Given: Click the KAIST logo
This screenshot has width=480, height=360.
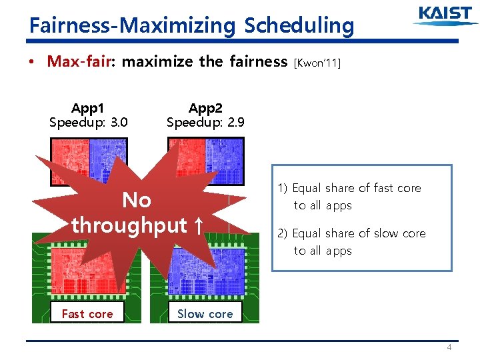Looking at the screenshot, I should pyautogui.click(x=445, y=16).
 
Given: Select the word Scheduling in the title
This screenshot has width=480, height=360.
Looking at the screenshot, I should pyautogui.click(x=299, y=25).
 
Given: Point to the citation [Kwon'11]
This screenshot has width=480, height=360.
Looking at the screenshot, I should pyautogui.click(x=317, y=63).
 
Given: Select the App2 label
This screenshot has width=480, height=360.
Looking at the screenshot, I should pyautogui.click(x=205, y=108).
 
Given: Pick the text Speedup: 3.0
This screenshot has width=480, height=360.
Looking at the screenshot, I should pyautogui.click(x=88, y=123).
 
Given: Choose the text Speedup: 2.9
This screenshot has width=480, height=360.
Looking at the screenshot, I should pyautogui.click(x=205, y=123).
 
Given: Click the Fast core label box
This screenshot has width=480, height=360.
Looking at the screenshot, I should pyautogui.click(x=87, y=313).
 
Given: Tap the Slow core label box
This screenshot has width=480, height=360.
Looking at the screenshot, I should pyautogui.click(x=205, y=313).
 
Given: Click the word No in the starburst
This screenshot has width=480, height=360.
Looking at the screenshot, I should pyautogui.click(x=137, y=200).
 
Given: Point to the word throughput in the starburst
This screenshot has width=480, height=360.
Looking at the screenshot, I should pyautogui.click(x=129, y=225).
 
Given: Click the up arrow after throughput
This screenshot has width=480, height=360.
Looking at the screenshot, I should pyautogui.click(x=197, y=225).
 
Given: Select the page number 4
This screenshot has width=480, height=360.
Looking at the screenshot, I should pyautogui.click(x=449, y=347).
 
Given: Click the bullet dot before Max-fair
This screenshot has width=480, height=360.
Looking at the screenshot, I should pyautogui.click(x=31, y=63).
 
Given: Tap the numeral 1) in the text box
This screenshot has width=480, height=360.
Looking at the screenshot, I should pyautogui.click(x=283, y=189).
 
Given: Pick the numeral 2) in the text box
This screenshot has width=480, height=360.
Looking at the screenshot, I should pyautogui.click(x=283, y=233).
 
